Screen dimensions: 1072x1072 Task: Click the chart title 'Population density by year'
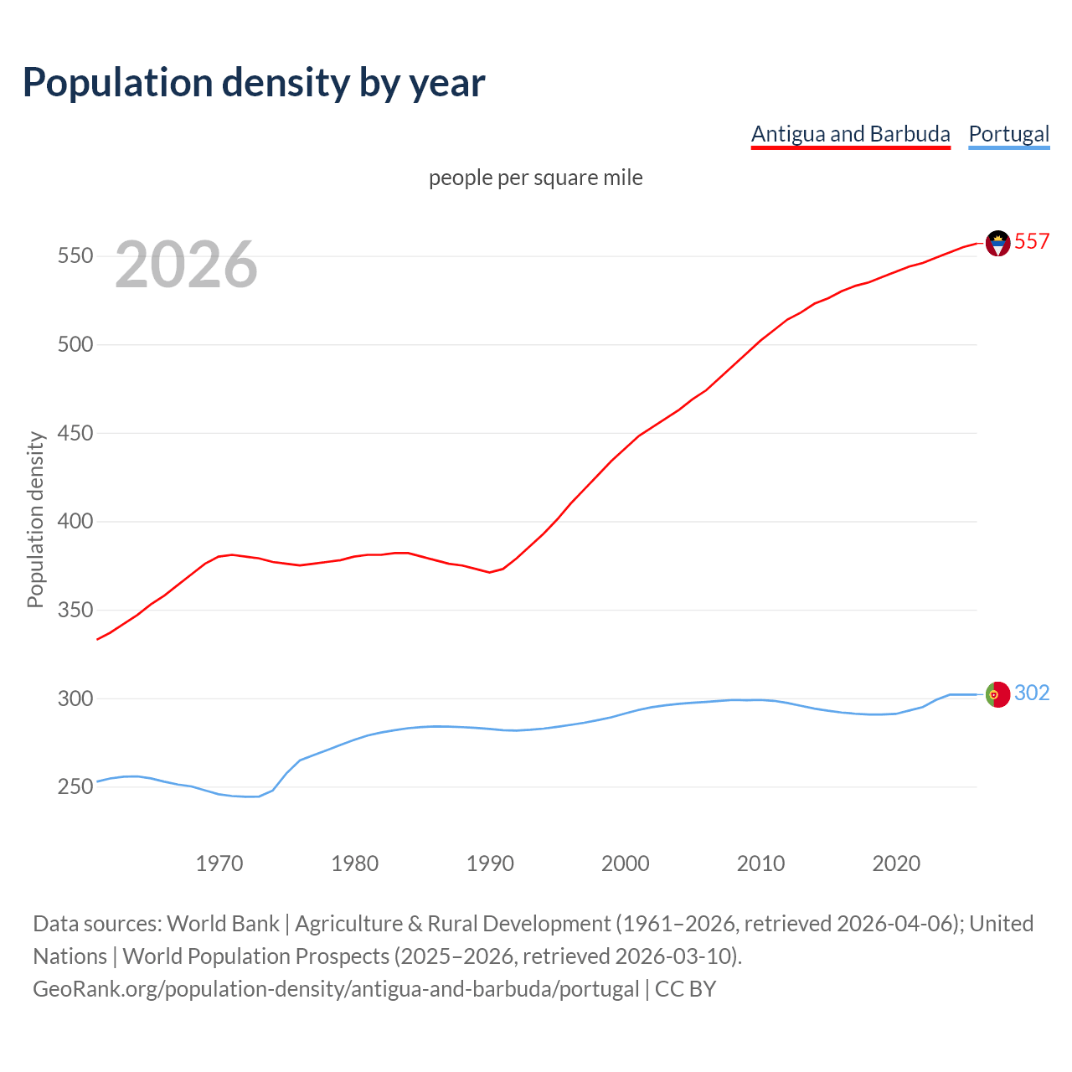tap(254, 83)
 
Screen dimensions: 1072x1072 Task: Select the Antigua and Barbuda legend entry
tap(850, 134)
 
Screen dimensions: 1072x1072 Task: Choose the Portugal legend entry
tap(1008, 134)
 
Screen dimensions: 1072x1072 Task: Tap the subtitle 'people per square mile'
tap(535, 178)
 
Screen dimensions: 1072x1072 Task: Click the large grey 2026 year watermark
tap(186, 265)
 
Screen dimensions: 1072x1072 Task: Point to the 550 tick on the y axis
tap(75, 256)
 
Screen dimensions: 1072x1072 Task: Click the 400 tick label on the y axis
tap(75, 522)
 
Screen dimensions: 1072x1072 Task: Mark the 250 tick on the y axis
tap(75, 787)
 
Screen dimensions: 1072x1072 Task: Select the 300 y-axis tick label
tap(75, 698)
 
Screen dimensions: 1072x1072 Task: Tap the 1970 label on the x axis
tap(219, 863)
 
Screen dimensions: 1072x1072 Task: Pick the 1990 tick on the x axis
tap(490, 863)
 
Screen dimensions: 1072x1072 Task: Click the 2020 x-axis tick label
tap(896, 863)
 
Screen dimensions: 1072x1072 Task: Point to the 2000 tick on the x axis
tap(626, 863)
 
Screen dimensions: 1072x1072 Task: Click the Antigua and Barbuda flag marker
tap(997, 243)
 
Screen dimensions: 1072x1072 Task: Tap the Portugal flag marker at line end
tap(997, 694)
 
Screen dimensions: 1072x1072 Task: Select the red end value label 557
tap(1032, 242)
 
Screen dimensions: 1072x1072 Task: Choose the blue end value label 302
tap(1032, 693)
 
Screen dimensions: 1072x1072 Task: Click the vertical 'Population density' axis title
tap(35, 519)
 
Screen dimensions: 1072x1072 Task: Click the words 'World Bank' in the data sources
tap(223, 924)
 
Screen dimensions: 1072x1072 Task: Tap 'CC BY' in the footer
tap(685, 989)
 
